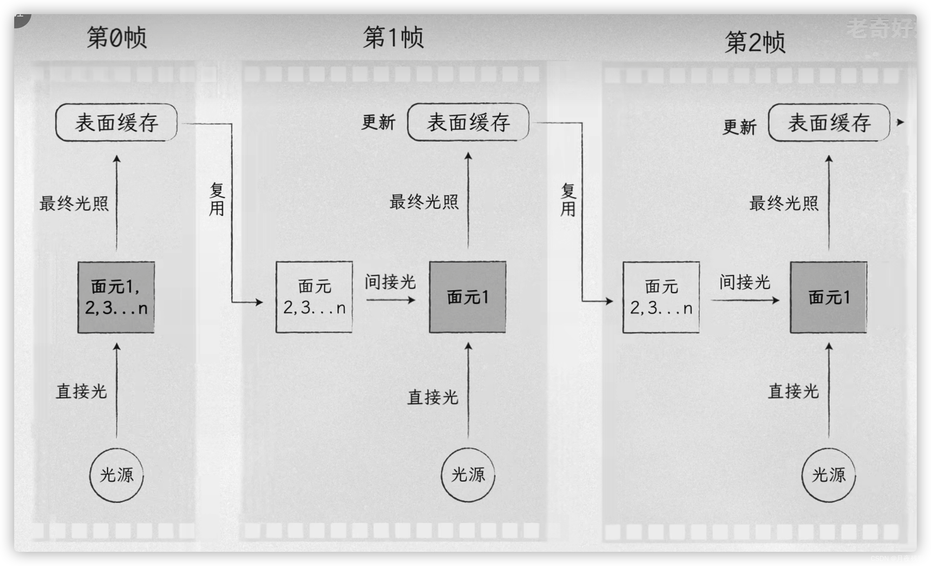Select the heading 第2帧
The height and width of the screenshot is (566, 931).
pyautogui.click(x=755, y=43)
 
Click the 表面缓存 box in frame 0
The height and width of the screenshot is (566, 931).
pyautogui.click(x=117, y=122)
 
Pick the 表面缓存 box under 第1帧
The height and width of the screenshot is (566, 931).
pyautogui.click(x=468, y=122)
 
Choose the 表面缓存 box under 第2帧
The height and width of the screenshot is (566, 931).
pyautogui.click(x=829, y=123)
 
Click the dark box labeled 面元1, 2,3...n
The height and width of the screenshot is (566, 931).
pyautogui.click(x=116, y=298)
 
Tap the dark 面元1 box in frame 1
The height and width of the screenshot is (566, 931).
pyautogui.click(x=468, y=297)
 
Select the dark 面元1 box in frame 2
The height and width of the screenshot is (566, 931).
pyautogui.click(x=829, y=298)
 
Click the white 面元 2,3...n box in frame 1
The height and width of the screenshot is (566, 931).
pyautogui.click(x=314, y=297)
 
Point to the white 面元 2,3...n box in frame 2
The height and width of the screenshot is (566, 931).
pyautogui.click(x=661, y=298)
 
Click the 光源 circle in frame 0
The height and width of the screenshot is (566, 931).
pyautogui.click(x=117, y=475)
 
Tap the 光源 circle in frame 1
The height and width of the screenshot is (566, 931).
pyautogui.click(x=468, y=475)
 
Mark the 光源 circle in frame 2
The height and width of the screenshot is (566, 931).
pyautogui.click(x=829, y=475)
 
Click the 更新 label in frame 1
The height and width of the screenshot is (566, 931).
pyautogui.click(x=378, y=122)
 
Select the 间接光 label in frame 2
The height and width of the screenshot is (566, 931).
pyautogui.click(x=745, y=282)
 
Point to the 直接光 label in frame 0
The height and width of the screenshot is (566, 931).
pyautogui.click(x=82, y=391)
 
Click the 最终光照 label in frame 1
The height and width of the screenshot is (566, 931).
pyautogui.click(x=424, y=202)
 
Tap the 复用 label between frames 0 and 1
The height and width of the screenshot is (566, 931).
pyautogui.click(x=217, y=200)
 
